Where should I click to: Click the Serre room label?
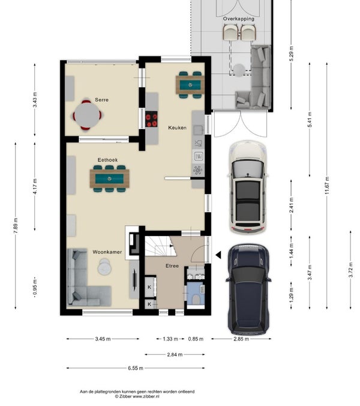[x=101, y=100]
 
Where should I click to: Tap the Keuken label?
[x=177, y=128]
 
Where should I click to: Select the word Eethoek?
[x=107, y=160]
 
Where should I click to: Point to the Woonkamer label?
[x=107, y=252]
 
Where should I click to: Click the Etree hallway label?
[x=172, y=266]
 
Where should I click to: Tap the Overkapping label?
[x=239, y=19]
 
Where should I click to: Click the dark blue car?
[x=248, y=289]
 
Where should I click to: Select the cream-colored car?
[x=247, y=187]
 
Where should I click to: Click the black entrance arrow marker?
[x=218, y=255]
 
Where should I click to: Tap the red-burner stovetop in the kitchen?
[x=151, y=119]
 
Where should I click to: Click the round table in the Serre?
[x=87, y=115]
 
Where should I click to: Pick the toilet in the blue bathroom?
[x=196, y=300]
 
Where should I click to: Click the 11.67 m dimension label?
[x=327, y=186]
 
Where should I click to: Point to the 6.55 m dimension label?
[x=136, y=368]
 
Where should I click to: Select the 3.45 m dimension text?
[x=103, y=339]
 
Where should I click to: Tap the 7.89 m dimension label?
[x=16, y=226]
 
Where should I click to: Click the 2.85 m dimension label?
[x=241, y=339]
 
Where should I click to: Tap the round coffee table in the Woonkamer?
[x=105, y=267]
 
